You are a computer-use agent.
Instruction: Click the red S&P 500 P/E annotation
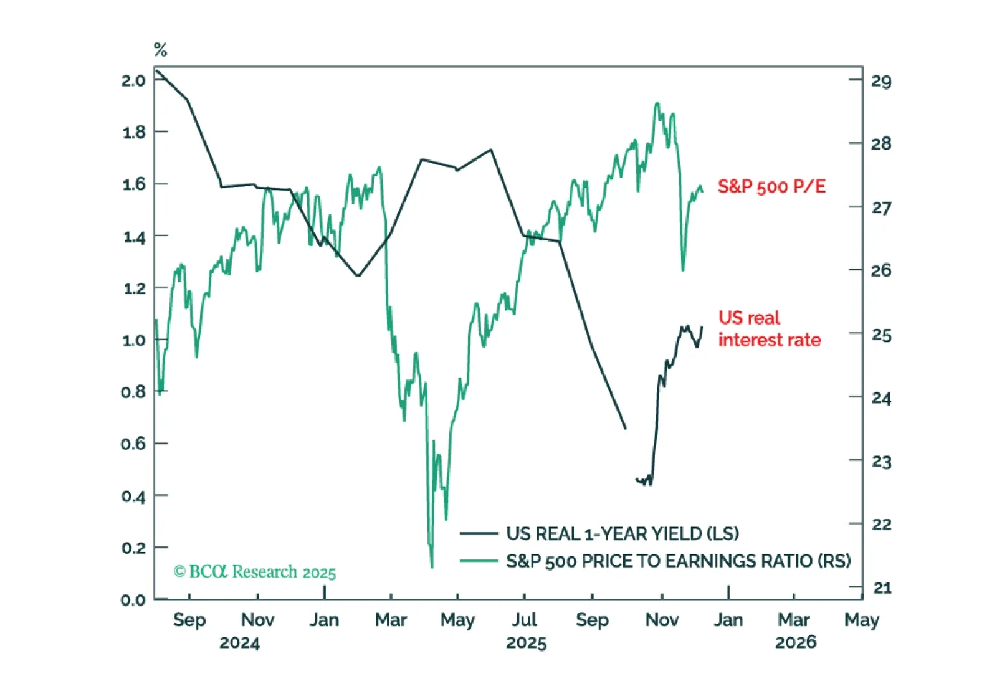coord(771,186)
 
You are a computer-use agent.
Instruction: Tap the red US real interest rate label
coord(769,329)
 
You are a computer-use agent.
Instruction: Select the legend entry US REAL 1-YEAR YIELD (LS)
coord(622,533)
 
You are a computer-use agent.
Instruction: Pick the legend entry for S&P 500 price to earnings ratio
coord(678,561)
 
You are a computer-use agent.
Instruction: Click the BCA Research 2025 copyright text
coord(254,571)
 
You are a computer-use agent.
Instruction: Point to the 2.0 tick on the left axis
coord(133,80)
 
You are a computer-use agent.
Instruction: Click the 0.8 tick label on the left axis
coord(133,392)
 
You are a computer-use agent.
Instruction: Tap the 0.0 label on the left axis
coord(133,599)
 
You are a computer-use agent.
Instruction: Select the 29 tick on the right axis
coord(881,81)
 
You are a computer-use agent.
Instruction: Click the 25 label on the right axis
coord(881,335)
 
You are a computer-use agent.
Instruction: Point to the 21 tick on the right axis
coord(881,587)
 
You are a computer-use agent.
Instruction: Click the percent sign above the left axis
coord(160,50)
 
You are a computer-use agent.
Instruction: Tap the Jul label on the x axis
coord(524,620)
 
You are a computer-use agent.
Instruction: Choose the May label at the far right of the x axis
coord(861,620)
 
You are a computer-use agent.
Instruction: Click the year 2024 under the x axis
coord(239,642)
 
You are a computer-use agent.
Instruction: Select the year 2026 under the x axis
coord(795,642)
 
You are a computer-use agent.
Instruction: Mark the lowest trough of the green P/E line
coord(432,566)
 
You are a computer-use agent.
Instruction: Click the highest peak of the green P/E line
coord(657,103)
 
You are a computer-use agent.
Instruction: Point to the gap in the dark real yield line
coord(631,455)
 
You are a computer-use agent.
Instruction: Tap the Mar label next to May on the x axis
coord(391,620)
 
